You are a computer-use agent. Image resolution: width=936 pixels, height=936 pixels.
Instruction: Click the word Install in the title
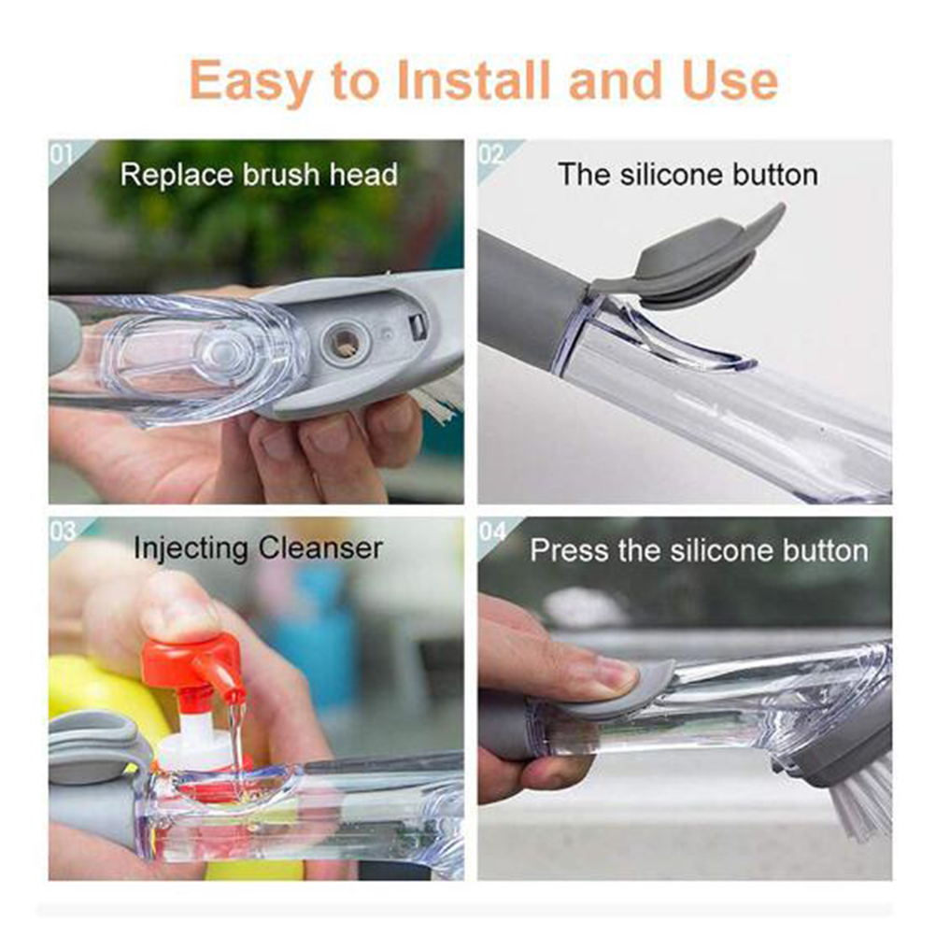pyautogui.click(x=474, y=79)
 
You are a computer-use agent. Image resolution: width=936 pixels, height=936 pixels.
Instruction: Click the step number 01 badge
pyautogui.click(x=61, y=155)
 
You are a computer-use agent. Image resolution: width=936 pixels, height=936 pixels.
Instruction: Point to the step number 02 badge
pyautogui.click(x=490, y=155)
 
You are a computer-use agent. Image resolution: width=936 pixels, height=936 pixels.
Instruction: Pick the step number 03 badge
pyautogui.click(x=63, y=531)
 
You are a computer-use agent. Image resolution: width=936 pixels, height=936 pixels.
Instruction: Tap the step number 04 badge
pyautogui.click(x=492, y=531)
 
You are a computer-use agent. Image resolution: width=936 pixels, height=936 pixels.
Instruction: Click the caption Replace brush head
pyautogui.click(x=259, y=175)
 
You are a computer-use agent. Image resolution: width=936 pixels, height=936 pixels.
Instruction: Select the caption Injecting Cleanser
pyautogui.click(x=258, y=549)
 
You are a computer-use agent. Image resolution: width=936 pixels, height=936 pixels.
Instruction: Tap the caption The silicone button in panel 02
pyautogui.click(x=688, y=175)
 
